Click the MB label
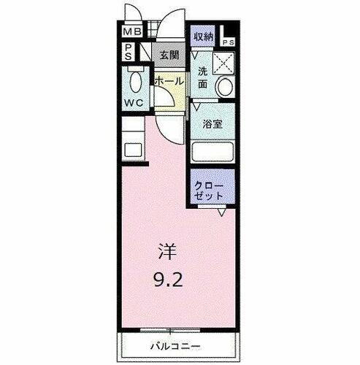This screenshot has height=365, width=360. (x=131, y=33)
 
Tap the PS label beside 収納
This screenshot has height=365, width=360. (x=228, y=42)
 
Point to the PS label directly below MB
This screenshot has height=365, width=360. (x=128, y=51)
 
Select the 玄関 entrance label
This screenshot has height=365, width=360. (x=169, y=54)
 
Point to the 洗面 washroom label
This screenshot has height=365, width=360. (x=204, y=77)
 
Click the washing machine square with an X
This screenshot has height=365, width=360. (x=221, y=65)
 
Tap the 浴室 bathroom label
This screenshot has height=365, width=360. (x=212, y=124)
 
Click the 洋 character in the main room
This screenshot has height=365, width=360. (x=167, y=251)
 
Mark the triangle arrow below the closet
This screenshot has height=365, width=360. (x=220, y=212)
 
